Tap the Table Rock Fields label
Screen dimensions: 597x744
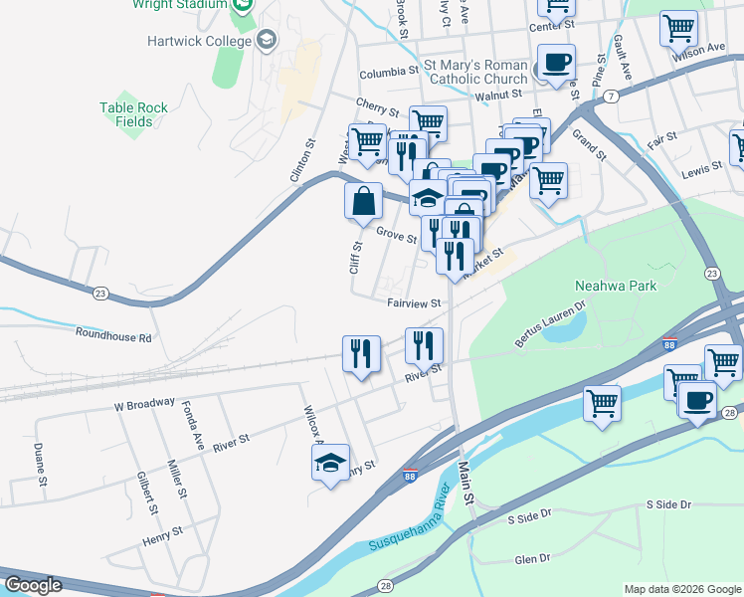pos(133,114)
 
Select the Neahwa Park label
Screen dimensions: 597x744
pos(612,287)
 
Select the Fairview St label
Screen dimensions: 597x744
pos(414,302)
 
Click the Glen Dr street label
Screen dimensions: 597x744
pos(532,559)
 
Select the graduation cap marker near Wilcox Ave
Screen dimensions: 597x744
pos(331,462)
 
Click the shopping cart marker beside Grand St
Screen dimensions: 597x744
pos(548,181)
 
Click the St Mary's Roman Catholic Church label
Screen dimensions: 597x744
pos(476,73)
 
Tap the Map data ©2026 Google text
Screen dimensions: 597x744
pos(681,589)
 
